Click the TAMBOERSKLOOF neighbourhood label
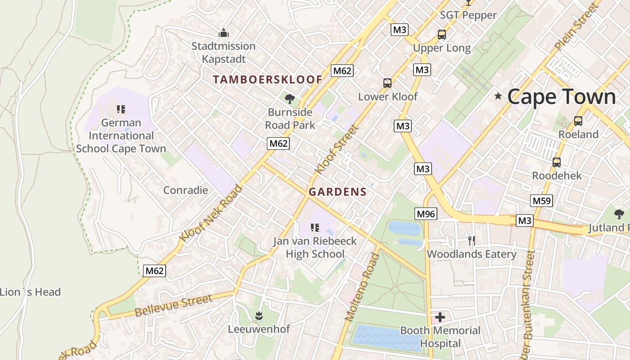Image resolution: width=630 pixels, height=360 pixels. tap(268, 80)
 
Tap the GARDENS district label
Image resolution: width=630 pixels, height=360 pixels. tap(337, 192)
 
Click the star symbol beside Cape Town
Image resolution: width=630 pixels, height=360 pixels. tap(498, 96)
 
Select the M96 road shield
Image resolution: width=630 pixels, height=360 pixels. tap(426, 214)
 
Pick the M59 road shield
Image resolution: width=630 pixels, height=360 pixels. tap(541, 201)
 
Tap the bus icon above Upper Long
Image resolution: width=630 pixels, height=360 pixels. tap(442, 34)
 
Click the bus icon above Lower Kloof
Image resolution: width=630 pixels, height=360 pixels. tap(387, 83)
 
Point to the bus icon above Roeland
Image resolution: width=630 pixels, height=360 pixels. tap(578, 121)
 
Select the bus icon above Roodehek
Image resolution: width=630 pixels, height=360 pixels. tap(557, 162)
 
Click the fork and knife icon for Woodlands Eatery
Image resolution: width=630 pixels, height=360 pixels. tap(471, 240)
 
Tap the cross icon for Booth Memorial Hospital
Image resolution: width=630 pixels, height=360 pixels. tap(440, 317)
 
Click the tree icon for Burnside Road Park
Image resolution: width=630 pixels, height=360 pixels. tap(290, 98)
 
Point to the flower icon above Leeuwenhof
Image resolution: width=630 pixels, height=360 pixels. tap(259, 315)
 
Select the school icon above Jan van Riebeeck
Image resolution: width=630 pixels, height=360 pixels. tap(315, 228)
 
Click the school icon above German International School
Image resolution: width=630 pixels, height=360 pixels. tap(121, 109)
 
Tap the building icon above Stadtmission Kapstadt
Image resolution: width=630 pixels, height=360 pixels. tap(223, 33)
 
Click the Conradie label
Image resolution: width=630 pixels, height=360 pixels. tap(185, 190)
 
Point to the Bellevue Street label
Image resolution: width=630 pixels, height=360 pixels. tap(173, 306)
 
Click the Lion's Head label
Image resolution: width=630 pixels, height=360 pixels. tap(30, 292)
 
